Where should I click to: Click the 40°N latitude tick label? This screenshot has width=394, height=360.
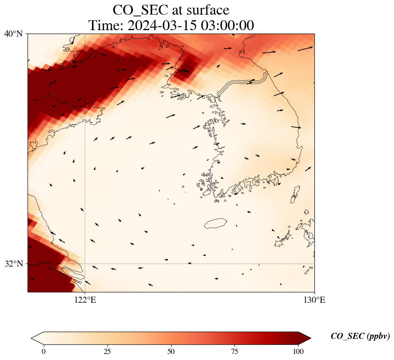15,34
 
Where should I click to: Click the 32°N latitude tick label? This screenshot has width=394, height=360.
15,264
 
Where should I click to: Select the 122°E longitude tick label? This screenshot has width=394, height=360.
85,300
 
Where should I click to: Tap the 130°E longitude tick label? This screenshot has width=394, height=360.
314,300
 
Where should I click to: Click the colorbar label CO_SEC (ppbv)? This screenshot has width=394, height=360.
360,336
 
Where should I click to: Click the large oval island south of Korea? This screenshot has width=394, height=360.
215,223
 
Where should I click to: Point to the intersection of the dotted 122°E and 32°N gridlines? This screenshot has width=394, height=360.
85,264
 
